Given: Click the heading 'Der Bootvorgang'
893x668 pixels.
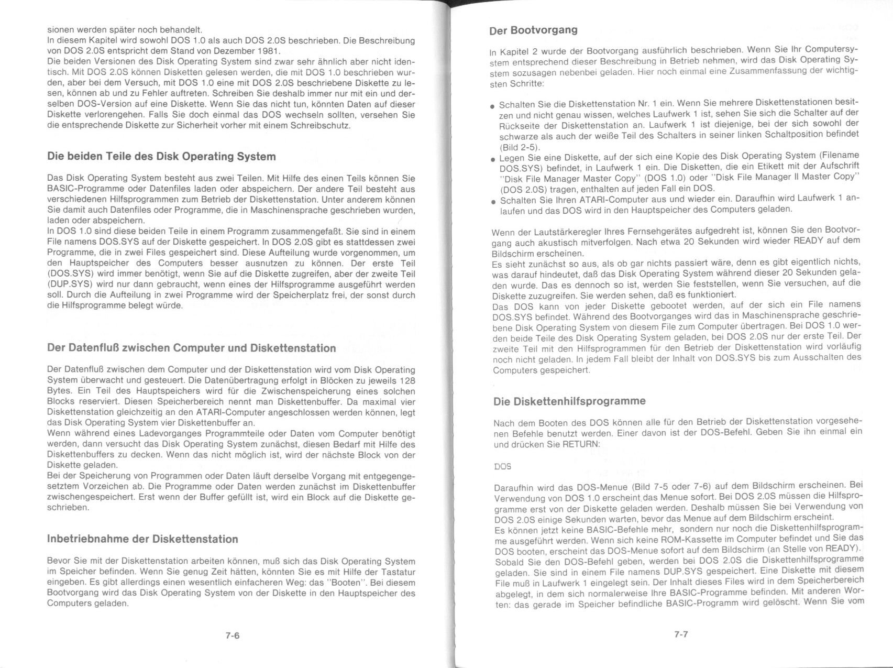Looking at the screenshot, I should click(533, 30).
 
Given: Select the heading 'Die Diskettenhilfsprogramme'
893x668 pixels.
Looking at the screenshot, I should click(569, 401).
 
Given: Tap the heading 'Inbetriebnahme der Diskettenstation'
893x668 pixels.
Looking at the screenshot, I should click(142, 539).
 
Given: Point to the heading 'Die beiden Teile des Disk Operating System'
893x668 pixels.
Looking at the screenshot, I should click(161, 157).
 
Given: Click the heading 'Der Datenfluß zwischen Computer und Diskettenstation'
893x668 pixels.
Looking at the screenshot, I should click(191, 348).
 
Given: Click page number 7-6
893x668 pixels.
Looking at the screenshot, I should click(233, 636).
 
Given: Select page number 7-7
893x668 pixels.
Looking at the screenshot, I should click(681, 634).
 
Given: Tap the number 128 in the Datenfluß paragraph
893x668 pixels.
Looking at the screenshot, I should click(407, 380).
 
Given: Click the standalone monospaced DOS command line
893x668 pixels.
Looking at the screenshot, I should click(502, 466).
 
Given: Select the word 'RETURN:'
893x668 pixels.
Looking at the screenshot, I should click(580, 444).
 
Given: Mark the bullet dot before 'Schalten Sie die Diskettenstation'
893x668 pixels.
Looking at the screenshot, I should click(492, 106).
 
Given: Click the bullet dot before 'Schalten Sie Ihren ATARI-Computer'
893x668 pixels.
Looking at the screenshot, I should click(493, 202).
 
